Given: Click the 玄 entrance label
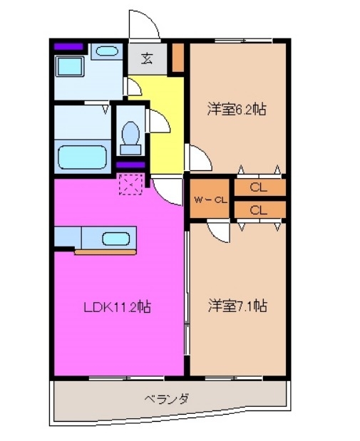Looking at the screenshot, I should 146,58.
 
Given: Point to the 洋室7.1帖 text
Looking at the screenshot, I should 237,306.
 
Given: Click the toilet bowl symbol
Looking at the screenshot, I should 130,135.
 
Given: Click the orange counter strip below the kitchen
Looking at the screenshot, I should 106,251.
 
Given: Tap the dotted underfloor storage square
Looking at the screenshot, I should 130,185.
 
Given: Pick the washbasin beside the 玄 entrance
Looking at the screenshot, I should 108,51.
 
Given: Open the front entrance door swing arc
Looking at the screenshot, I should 143,23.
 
